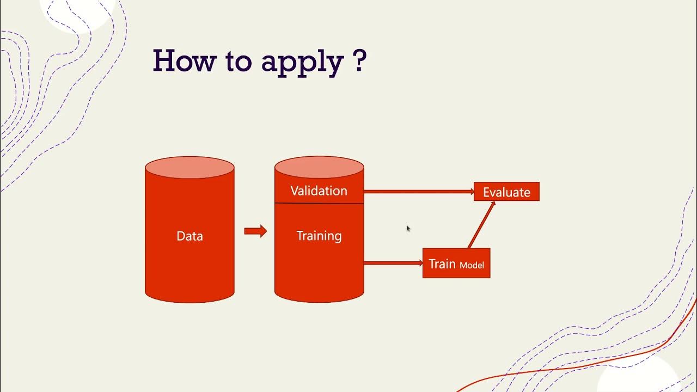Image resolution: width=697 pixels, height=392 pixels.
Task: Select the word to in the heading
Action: (239, 62)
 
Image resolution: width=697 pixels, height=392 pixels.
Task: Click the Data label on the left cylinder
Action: (189, 236)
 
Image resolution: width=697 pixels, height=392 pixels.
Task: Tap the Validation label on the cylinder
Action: (319, 191)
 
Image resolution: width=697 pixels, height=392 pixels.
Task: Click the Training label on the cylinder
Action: (319, 236)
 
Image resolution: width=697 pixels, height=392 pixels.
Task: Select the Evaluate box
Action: (506, 192)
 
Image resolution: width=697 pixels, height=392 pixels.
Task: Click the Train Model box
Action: (456, 264)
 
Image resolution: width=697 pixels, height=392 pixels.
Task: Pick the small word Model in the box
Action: (472, 266)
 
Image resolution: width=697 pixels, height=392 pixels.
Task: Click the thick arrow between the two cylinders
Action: (255, 231)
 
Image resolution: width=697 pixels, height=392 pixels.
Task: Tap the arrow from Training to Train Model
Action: (393, 263)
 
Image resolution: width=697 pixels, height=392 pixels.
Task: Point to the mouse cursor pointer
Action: (408, 229)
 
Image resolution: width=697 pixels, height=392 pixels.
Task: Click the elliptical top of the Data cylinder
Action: (189, 168)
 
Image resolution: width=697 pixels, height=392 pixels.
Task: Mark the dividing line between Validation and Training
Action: (319, 204)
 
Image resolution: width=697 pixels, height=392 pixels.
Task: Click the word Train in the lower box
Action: (442, 264)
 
